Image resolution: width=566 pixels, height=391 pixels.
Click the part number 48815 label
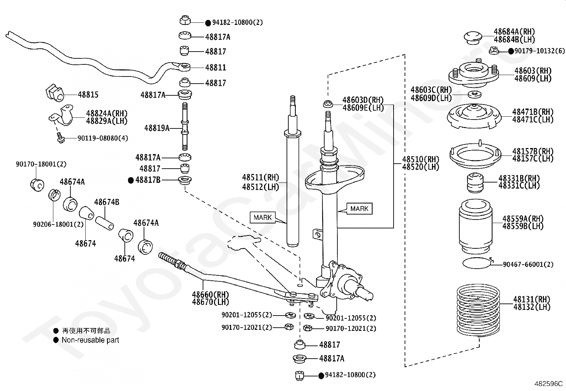[88, 95]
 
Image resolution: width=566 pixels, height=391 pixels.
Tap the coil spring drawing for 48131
[478, 310]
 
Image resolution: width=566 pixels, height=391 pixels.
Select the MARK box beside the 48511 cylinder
[262, 217]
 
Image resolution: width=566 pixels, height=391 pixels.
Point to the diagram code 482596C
[548, 384]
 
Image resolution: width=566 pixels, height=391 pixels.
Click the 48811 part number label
[215, 68]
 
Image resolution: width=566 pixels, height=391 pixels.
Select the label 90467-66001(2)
[528, 265]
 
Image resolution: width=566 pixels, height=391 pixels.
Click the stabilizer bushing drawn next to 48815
[55, 93]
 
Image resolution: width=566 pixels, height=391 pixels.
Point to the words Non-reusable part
[90, 340]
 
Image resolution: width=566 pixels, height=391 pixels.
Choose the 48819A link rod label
[157, 128]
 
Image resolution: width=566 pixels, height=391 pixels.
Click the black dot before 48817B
[131, 180]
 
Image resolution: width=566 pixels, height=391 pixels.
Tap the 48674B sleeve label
[107, 202]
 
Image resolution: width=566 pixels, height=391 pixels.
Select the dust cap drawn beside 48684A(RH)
[473, 38]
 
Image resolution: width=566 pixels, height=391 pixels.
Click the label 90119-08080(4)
[103, 138]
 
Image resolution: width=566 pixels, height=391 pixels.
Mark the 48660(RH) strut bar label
[210, 294]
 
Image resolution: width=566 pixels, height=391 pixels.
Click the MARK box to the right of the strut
[359, 208]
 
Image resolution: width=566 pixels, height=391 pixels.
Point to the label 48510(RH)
[421, 159]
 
